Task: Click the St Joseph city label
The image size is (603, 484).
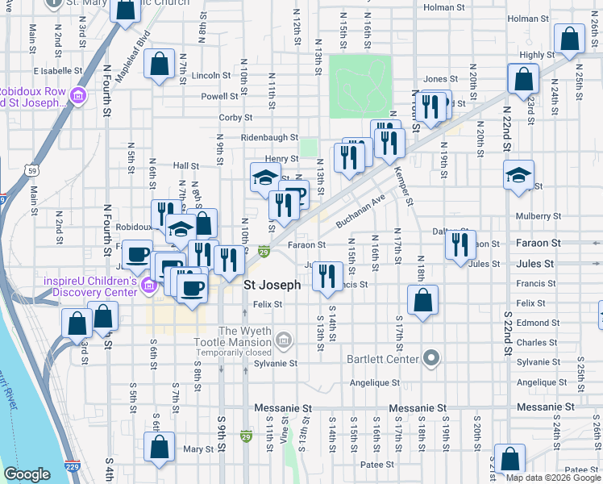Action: tap(272, 285)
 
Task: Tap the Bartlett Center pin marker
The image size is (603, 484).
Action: tap(431, 358)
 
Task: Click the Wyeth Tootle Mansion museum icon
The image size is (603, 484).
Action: tap(283, 341)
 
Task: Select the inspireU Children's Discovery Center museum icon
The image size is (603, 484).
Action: tap(148, 286)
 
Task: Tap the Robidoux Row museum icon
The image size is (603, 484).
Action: tap(78, 97)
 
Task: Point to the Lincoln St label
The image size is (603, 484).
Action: tap(212, 76)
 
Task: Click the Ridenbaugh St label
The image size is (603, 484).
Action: tap(270, 138)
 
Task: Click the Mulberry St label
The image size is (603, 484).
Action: tap(539, 216)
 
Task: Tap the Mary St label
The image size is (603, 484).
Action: tap(198, 449)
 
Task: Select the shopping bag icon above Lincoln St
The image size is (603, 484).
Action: tap(160, 64)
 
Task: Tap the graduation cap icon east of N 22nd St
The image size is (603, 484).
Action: tap(518, 175)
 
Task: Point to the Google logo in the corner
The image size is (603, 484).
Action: tap(27, 474)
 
